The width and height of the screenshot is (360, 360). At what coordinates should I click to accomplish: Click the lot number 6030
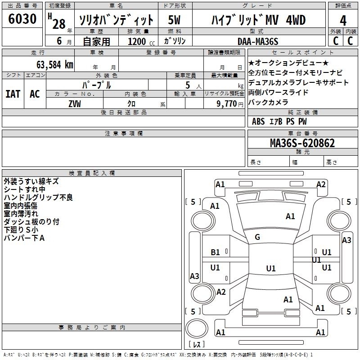(x=22, y=19)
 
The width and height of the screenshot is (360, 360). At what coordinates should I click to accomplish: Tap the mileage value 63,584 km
(x=50, y=64)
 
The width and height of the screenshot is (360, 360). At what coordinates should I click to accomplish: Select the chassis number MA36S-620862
(x=302, y=143)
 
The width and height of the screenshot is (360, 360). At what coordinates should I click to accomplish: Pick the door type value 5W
(x=175, y=20)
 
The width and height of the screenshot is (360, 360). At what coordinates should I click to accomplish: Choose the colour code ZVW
(x=75, y=104)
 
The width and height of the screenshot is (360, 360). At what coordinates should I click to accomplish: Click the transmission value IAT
(x=13, y=94)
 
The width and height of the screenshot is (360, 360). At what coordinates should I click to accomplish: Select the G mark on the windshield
(x=257, y=237)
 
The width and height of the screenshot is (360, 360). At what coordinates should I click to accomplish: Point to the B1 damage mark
(x=216, y=252)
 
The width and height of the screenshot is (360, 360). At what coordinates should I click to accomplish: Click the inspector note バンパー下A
(x=24, y=238)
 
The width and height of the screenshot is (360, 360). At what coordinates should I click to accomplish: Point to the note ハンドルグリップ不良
(x=38, y=198)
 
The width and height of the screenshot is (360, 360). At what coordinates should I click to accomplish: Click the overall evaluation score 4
(x=343, y=20)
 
